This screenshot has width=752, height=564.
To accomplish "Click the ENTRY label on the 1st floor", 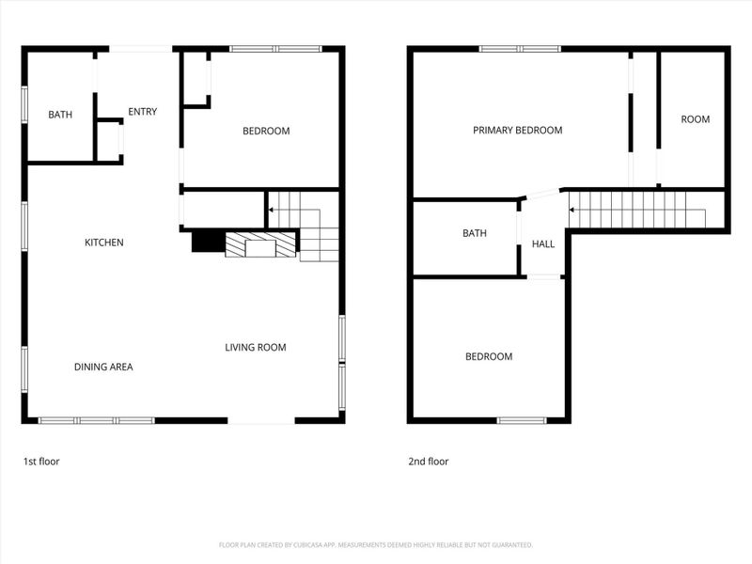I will pyautogui.click(x=143, y=112).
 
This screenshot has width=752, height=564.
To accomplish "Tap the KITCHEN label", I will pyautogui.click(x=104, y=243).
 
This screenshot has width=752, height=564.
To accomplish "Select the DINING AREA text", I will pyautogui.click(x=103, y=367).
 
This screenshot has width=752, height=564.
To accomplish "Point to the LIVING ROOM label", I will pyautogui.click(x=255, y=348).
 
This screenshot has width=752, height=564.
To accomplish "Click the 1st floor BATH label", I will pyautogui.click(x=60, y=115).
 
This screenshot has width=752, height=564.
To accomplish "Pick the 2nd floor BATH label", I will pyautogui.click(x=475, y=233).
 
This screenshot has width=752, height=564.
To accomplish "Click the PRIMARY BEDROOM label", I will pyautogui.click(x=517, y=131).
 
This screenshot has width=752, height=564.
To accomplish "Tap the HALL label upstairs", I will pyautogui.click(x=543, y=244).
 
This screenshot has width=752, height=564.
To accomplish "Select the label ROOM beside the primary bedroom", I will pyautogui.click(x=696, y=119).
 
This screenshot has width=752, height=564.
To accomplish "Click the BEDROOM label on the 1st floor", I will pyautogui.click(x=266, y=131).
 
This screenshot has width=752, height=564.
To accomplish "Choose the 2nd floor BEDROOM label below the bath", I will pyautogui.click(x=490, y=356).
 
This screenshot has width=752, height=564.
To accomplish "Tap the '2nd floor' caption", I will pyautogui.click(x=429, y=462).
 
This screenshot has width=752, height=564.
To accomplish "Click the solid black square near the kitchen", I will pyautogui.click(x=204, y=243).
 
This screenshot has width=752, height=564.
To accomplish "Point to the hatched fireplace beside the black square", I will pyautogui.click(x=261, y=245).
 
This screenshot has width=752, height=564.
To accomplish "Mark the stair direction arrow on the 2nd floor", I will pyautogui.click(x=572, y=209).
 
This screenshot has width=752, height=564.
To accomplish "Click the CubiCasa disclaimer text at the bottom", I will pyautogui.click(x=376, y=544).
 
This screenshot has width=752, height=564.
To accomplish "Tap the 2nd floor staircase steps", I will pyautogui.click(x=639, y=209).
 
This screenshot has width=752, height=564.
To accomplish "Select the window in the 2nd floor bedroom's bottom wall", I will pyautogui.click(x=522, y=420).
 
